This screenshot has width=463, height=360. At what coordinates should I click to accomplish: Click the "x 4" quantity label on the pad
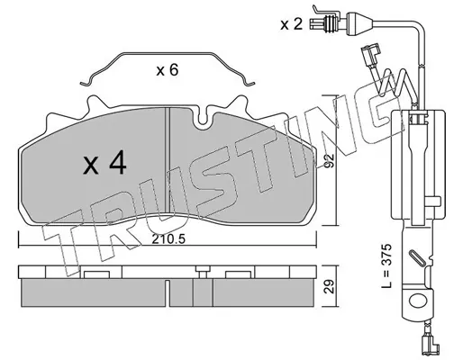point(104,164)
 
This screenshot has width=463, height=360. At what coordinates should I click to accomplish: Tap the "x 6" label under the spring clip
point(168,70)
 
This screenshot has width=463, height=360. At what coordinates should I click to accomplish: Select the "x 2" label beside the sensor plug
point(291,24)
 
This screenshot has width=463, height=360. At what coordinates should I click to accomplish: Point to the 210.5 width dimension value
point(168,239)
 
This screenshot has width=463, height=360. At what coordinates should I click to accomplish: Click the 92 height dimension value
point(330,161)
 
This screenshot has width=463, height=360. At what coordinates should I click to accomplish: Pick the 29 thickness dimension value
point(330,286)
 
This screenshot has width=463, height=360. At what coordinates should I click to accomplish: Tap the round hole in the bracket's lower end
point(418,301)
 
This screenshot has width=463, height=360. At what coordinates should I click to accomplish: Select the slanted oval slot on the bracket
point(416,257)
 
